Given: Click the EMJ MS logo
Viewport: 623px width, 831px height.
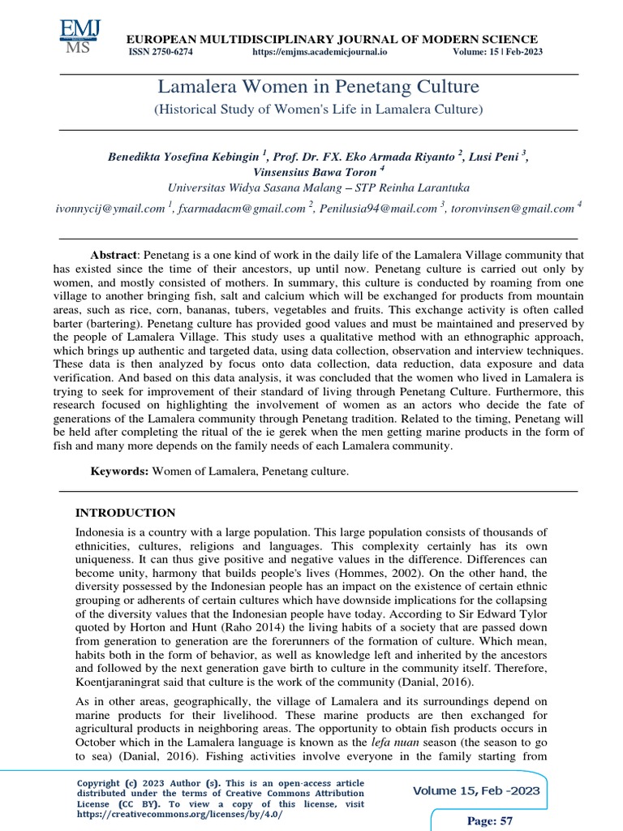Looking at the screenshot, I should [79, 37].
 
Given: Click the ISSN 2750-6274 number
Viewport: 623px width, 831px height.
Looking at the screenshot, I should [161, 52].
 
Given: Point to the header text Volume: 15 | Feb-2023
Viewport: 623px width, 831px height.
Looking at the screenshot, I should [497, 52].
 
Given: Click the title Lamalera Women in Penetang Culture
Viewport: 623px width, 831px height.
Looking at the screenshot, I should [318, 87].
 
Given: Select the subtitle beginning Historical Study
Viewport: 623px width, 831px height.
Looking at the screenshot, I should [318, 108].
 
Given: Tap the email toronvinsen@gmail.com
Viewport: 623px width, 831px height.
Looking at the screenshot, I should [512, 209].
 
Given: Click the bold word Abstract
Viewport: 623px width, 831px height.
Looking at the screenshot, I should [114, 255].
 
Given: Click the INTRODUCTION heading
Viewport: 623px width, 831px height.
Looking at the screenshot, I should [125, 513].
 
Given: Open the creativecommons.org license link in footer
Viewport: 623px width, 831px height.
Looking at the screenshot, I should [180, 814].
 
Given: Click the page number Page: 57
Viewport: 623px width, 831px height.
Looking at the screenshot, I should [491, 821].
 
